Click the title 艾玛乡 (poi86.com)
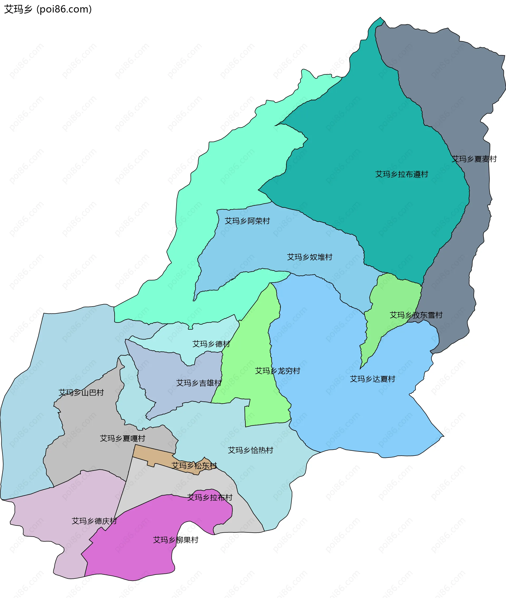coord(48,9)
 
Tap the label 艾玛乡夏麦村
coord(474,159)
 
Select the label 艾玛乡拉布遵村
coord(402,174)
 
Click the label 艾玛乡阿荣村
coord(247,221)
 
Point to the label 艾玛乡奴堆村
coord(310,257)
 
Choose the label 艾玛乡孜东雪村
coord(416,315)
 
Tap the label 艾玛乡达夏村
coord(373,379)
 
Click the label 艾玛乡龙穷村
coord(278,371)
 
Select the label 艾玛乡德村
coord(211,344)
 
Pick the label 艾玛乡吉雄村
coord(199,383)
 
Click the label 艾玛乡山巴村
coord(81,392)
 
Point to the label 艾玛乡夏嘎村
coord(123,438)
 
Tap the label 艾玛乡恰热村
coord(251,450)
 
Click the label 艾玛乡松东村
coord(194,465)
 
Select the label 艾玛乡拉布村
coord(210,497)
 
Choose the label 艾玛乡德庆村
coord(94,521)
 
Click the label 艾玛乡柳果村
coord(176,540)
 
